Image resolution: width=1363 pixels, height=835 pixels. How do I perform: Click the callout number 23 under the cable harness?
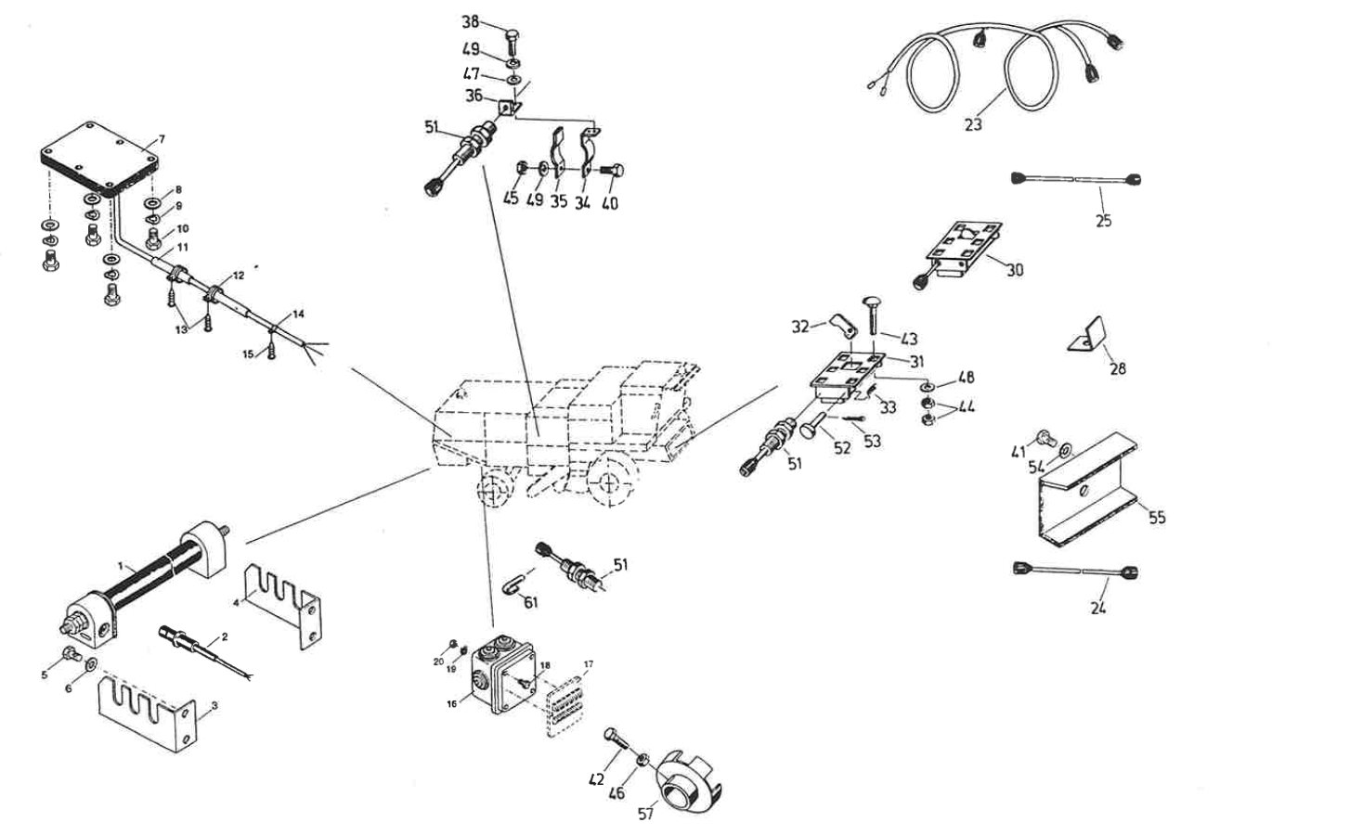coord(972,123)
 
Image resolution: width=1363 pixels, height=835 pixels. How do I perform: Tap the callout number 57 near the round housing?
coord(646,813)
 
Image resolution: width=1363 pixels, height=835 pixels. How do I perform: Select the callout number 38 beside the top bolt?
coord(471,22)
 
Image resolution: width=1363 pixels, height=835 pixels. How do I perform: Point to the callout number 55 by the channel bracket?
coord(1156,518)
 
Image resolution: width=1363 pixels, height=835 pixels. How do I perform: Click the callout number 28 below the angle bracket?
coord(1117,368)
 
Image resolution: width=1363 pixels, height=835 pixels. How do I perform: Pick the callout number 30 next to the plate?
coord(1015,270)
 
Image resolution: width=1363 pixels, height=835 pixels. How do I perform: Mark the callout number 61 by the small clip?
coord(530,603)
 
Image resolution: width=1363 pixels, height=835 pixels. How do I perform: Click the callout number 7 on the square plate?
coord(162,139)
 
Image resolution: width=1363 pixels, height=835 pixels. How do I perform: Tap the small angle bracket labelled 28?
coord(1087,335)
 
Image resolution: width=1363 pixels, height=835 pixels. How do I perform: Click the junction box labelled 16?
coord(500,677)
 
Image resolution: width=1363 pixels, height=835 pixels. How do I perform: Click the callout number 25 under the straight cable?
coord(1103,221)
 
